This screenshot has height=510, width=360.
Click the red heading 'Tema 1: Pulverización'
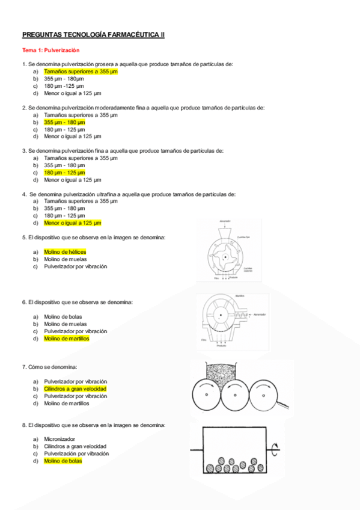pyautogui.click(x=50, y=51)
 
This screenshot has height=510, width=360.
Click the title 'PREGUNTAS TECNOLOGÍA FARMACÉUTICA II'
pyautogui.click(x=93, y=35)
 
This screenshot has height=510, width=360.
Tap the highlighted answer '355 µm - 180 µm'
pyautogui.click(x=64, y=122)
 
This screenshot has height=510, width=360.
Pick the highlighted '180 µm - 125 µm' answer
pyautogui.click(x=64, y=173)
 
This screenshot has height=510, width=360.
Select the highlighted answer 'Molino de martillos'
pyautogui.click(x=67, y=339)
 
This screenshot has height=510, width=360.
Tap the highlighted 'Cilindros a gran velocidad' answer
pyautogui.click(x=75, y=389)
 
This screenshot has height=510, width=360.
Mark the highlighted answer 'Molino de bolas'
pyautogui.click(x=63, y=461)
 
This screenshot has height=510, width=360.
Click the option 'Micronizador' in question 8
pyautogui.click(x=59, y=439)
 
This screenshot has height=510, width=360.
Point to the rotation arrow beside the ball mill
pyautogui.click(x=275, y=448)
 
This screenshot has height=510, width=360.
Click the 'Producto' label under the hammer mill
pyautogui.click(x=222, y=346)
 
